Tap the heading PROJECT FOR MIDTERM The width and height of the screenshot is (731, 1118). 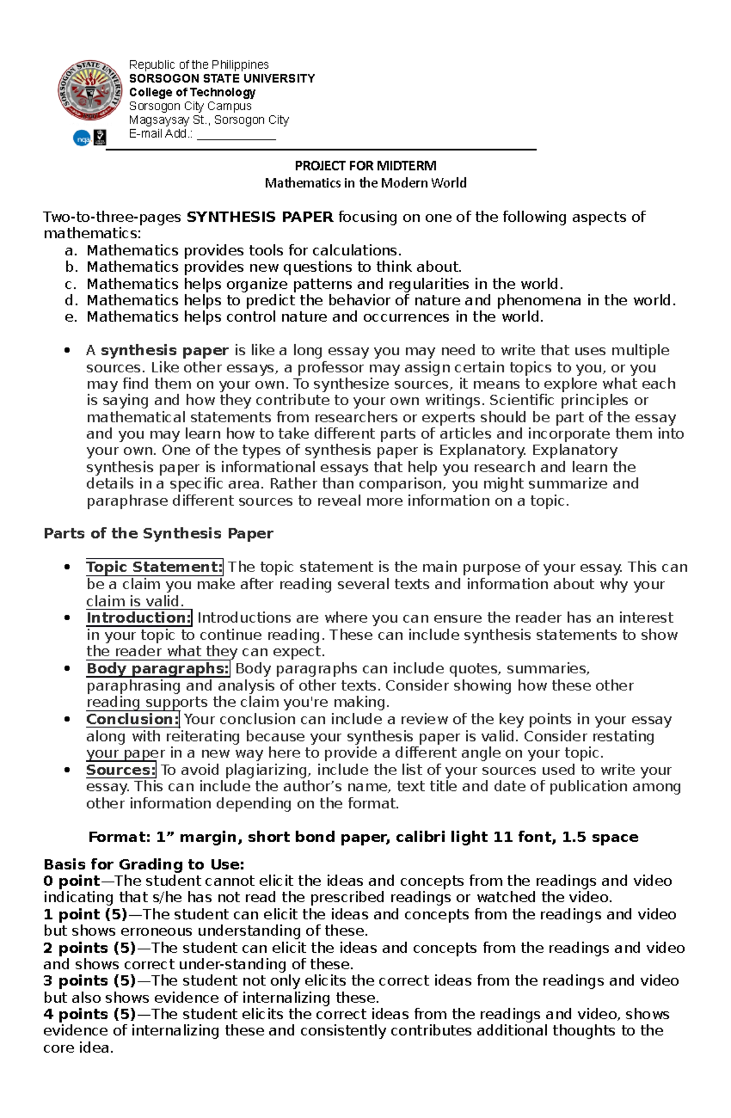(x=365, y=166)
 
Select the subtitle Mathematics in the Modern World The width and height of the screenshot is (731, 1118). (x=365, y=183)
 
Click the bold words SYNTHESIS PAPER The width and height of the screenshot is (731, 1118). (x=260, y=217)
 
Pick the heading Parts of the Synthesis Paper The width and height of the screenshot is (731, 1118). (x=158, y=534)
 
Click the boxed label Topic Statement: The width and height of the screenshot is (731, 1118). (x=155, y=567)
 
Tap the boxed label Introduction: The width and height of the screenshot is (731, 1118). (x=139, y=618)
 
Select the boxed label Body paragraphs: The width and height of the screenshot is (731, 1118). (x=158, y=668)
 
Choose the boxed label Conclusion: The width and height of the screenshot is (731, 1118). (x=132, y=719)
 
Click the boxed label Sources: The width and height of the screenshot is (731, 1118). (x=121, y=770)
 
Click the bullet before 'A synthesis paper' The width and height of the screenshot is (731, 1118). (x=67, y=351)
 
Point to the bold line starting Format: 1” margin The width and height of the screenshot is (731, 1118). (x=364, y=837)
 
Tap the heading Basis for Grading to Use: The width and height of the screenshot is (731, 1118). (x=144, y=865)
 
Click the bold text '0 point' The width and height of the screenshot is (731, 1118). (x=71, y=881)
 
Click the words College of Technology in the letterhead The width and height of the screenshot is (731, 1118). (x=192, y=93)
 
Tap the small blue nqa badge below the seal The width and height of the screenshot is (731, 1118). (x=82, y=139)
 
